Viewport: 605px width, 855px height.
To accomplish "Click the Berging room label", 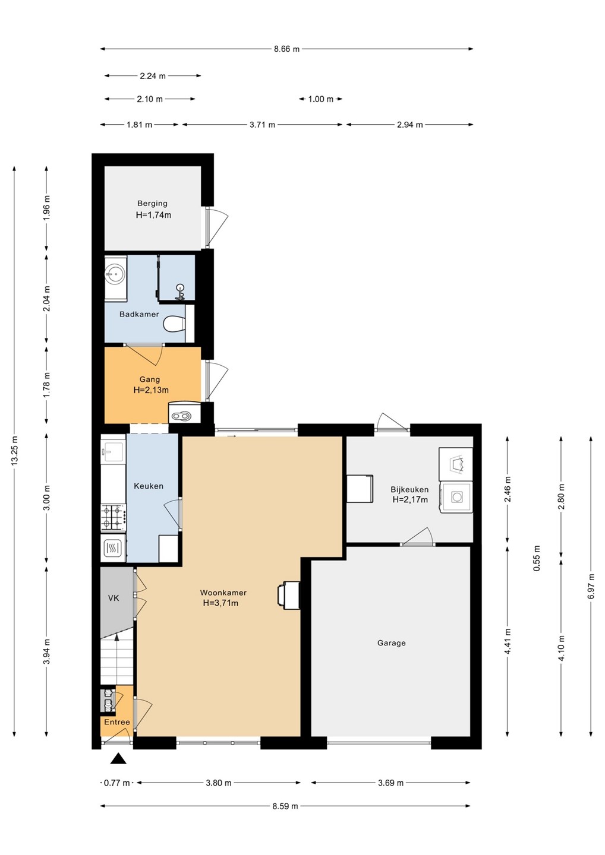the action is (152, 204).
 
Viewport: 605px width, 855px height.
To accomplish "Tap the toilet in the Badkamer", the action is (175, 324).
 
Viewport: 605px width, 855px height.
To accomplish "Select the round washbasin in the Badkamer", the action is (114, 273).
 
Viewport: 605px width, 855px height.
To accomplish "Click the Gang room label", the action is (149, 379).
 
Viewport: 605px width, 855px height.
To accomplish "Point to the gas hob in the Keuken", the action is (113, 517).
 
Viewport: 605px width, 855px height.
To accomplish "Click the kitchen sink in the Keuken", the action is (113, 452).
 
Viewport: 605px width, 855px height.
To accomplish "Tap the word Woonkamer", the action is (223, 593).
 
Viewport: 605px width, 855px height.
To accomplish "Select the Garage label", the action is (391, 643).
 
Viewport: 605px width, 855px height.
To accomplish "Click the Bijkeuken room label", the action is (409, 489).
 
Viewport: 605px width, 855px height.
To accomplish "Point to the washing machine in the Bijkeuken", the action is (456, 496).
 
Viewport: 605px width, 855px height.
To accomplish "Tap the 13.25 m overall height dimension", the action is (14, 451).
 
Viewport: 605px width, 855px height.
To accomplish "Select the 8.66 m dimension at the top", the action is (286, 49).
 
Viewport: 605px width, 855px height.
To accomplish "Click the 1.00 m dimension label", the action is (321, 99).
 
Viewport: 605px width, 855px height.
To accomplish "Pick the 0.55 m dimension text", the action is (537, 558).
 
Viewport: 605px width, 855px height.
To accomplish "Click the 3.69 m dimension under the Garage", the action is (390, 783).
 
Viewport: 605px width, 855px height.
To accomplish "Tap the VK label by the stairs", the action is (114, 598).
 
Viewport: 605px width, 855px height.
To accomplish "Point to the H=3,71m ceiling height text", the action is (220, 603).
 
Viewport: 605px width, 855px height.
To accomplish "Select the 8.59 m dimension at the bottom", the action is (285, 806).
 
